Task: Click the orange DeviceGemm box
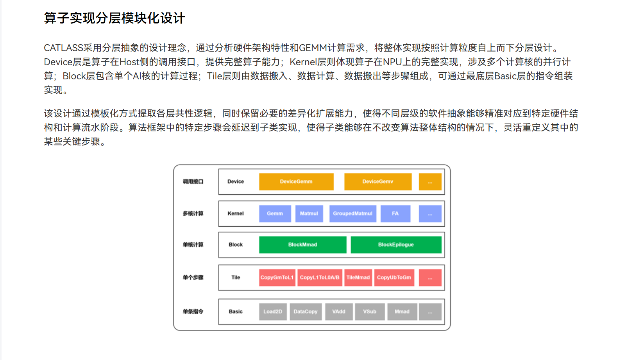[x=296, y=182]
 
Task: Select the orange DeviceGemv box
[x=377, y=182]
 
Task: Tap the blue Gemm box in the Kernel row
[x=275, y=214]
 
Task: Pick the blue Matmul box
[x=309, y=214]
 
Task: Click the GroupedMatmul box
[x=352, y=214]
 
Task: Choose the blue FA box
[x=395, y=214]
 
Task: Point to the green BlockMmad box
[x=302, y=245]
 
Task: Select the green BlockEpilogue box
[x=396, y=245]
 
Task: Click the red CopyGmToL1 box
[x=277, y=278]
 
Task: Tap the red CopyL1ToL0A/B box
[x=320, y=278]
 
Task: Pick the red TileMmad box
[x=358, y=278]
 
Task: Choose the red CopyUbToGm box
[x=394, y=278]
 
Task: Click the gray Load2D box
[x=273, y=312]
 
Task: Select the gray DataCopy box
[x=306, y=312]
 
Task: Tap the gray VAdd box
[x=339, y=312]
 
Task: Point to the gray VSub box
[x=370, y=312]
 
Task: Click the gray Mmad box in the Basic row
[x=402, y=312]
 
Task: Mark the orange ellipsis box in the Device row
[x=430, y=182]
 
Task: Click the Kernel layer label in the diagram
[x=236, y=214]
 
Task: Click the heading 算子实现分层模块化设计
[x=114, y=18]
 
